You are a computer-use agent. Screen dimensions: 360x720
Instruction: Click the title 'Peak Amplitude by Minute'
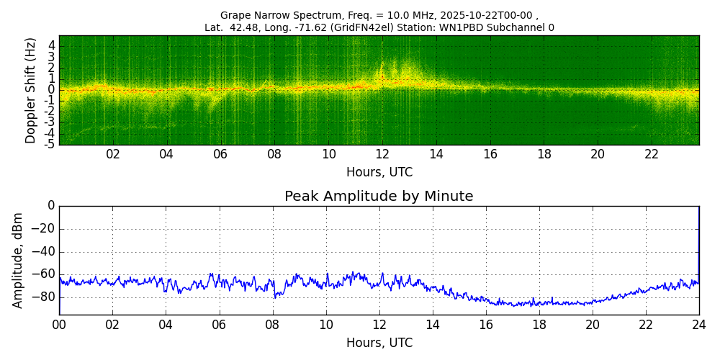(379, 197)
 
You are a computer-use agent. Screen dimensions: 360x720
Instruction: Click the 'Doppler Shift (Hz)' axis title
(31, 91)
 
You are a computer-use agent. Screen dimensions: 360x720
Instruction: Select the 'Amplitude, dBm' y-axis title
(18, 260)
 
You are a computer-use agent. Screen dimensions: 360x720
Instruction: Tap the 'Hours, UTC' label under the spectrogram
(379, 173)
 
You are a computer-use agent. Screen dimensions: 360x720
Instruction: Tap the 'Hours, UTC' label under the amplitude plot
(379, 343)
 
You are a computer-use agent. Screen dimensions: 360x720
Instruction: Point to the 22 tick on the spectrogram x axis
(652, 154)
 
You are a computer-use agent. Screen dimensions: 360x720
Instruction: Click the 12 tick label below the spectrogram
(382, 154)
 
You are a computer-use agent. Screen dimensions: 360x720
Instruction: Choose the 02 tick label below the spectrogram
(113, 154)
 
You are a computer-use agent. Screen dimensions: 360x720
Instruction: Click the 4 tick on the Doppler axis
(52, 46)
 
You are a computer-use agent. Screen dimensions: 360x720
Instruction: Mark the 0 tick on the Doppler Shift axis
(52, 90)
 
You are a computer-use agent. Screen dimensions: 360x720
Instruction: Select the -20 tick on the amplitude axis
(45, 229)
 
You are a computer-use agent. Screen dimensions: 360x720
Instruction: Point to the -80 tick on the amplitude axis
(45, 297)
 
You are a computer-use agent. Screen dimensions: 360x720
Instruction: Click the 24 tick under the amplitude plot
(699, 325)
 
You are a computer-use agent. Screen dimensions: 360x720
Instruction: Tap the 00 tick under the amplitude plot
(59, 325)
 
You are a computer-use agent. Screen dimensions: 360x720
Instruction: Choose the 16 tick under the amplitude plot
(486, 325)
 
